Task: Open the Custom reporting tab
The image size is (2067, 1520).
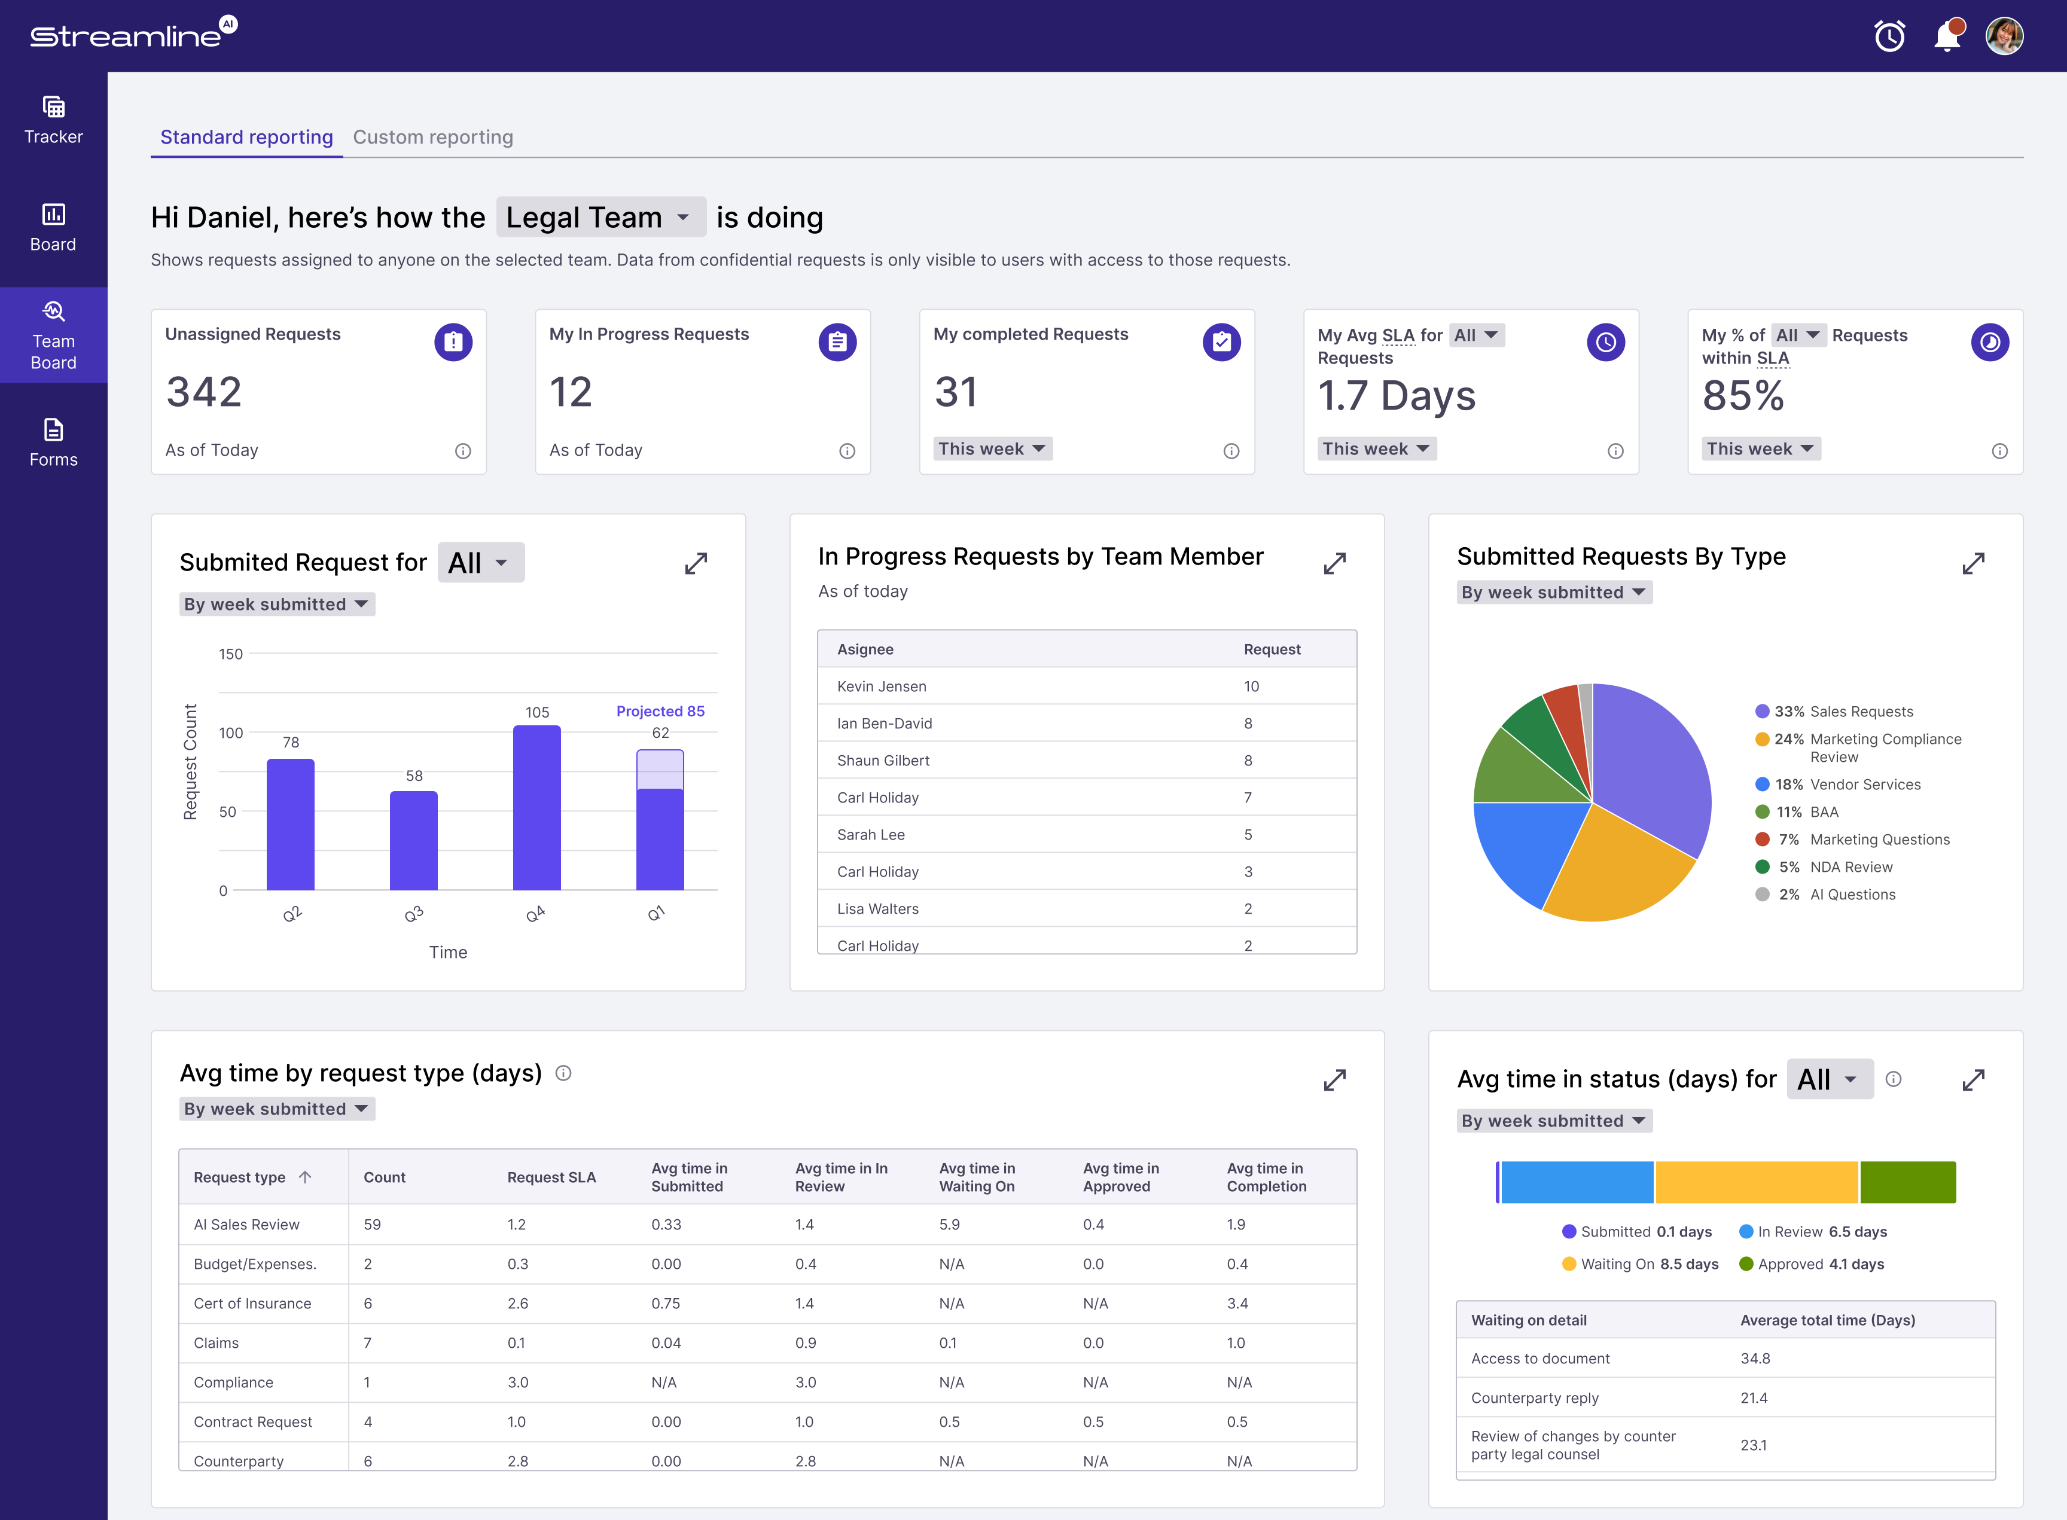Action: [432, 137]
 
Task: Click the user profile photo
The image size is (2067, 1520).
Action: [2004, 36]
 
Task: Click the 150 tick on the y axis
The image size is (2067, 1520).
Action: [230, 654]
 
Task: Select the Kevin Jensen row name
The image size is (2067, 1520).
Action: [882, 686]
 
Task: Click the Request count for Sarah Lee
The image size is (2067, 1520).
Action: [1248, 835]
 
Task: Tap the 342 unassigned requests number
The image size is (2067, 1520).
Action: [205, 392]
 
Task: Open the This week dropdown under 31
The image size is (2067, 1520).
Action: [993, 449]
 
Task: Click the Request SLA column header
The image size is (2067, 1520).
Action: [551, 1178]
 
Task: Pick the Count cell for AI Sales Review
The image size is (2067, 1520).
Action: [372, 1225]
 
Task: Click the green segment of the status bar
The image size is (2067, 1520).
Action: [1908, 1182]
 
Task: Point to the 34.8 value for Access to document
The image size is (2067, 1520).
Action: [1755, 1359]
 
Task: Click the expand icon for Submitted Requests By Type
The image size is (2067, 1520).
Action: [1973, 563]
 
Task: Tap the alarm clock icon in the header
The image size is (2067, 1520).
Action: [1889, 36]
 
